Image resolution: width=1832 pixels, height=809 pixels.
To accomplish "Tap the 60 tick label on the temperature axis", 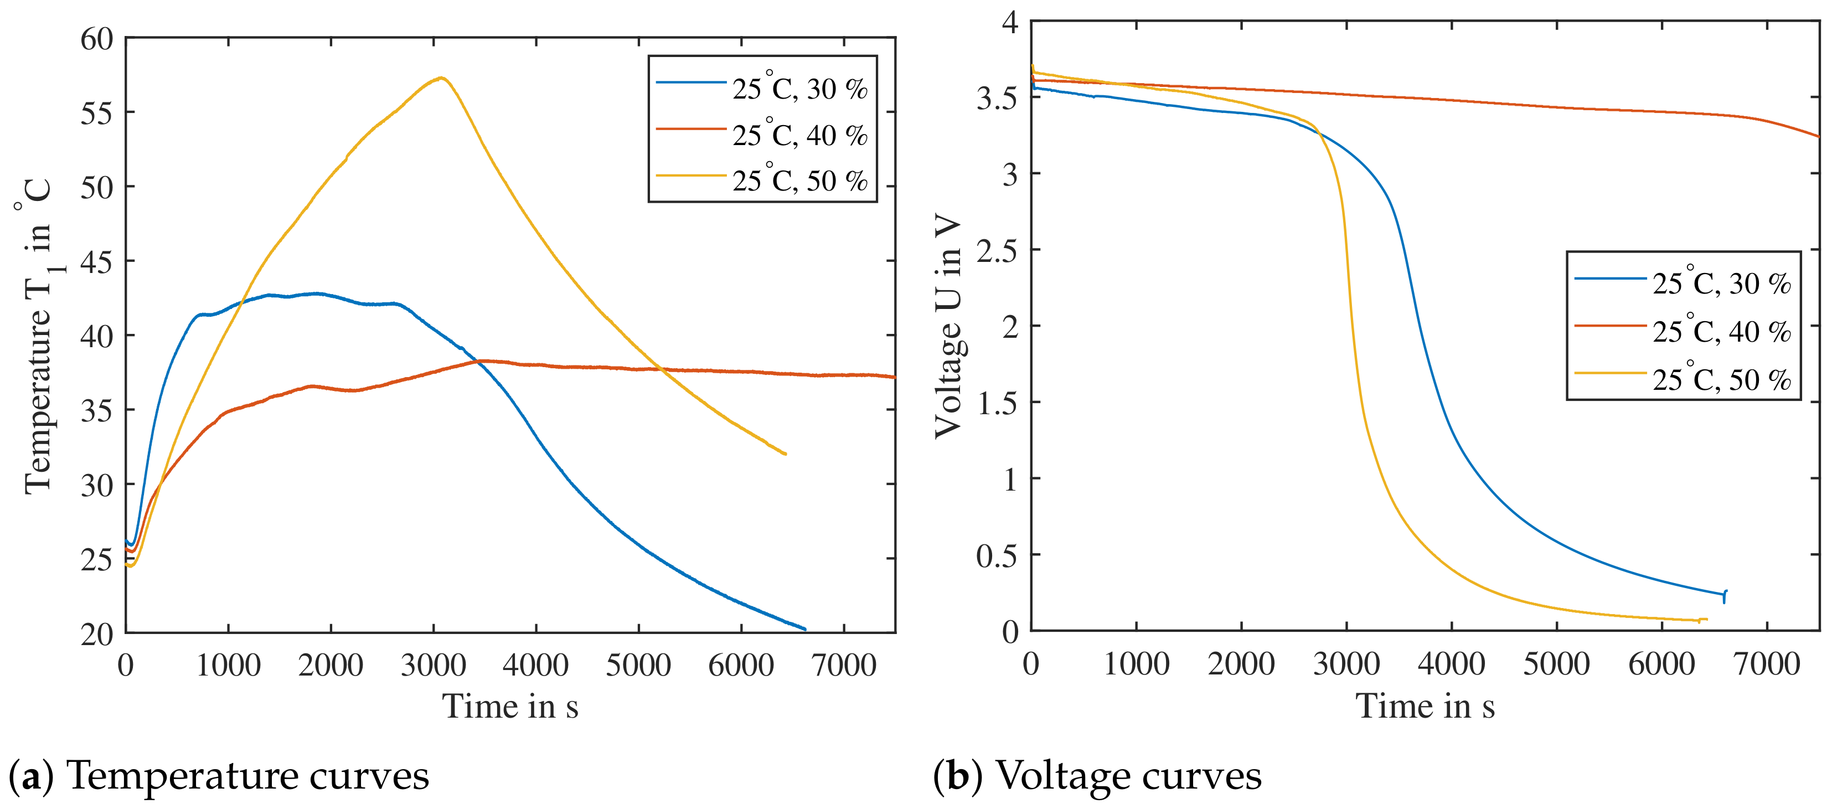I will coord(96,39).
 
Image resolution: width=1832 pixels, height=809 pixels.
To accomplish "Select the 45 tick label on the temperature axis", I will coord(96,262).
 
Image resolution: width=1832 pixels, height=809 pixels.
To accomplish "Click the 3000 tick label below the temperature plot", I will coord(433,665).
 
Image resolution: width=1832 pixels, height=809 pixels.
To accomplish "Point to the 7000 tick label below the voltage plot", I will coord(1767,664).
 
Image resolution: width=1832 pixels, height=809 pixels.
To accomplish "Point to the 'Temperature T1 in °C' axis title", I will coord(39,334).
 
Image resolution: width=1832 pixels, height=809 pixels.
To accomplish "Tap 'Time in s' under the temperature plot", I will coord(510,707).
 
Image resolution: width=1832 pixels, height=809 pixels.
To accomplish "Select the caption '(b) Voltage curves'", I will coord(1097,776).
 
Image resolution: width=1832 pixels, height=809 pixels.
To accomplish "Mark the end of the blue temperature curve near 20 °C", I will coord(804,629).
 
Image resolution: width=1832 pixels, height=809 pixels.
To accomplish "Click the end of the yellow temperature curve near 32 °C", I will coord(785,454).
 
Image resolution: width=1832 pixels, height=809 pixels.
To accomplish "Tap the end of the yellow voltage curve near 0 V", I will coord(1705,620).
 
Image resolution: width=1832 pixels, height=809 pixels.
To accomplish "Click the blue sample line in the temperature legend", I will coord(690,83).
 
